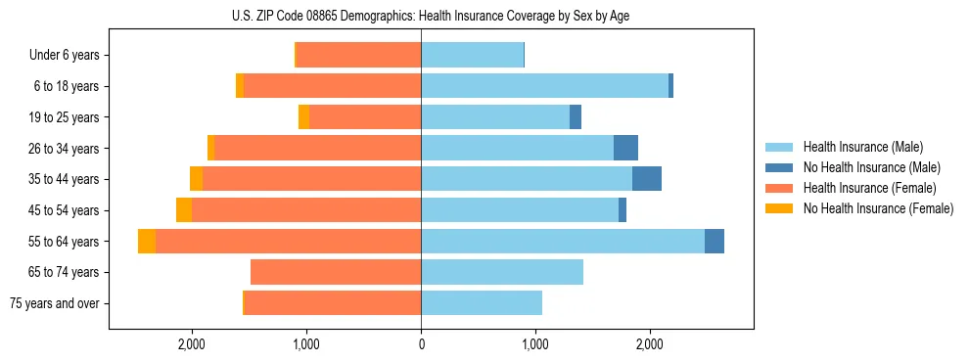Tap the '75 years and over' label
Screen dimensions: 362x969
click(x=55, y=303)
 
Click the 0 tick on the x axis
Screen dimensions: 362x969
click(x=421, y=344)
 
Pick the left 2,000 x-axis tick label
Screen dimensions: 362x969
click(x=192, y=344)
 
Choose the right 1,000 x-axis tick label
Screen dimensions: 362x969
click(x=535, y=344)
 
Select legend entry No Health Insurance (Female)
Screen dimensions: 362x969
click(x=878, y=208)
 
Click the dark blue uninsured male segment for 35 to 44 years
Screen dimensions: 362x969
click(x=647, y=179)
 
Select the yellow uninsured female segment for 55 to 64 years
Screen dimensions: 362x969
click(x=147, y=242)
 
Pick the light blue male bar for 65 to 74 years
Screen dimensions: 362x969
click(x=502, y=272)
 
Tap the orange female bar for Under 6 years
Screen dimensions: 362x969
click(x=358, y=56)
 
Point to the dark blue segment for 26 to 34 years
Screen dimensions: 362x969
click(x=625, y=149)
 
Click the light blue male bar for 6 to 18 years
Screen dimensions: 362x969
click(x=544, y=86)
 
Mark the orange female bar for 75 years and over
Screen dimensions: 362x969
click(x=333, y=303)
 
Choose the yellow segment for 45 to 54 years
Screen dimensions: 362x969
click(x=184, y=210)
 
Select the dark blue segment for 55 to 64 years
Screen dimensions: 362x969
click(x=715, y=242)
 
